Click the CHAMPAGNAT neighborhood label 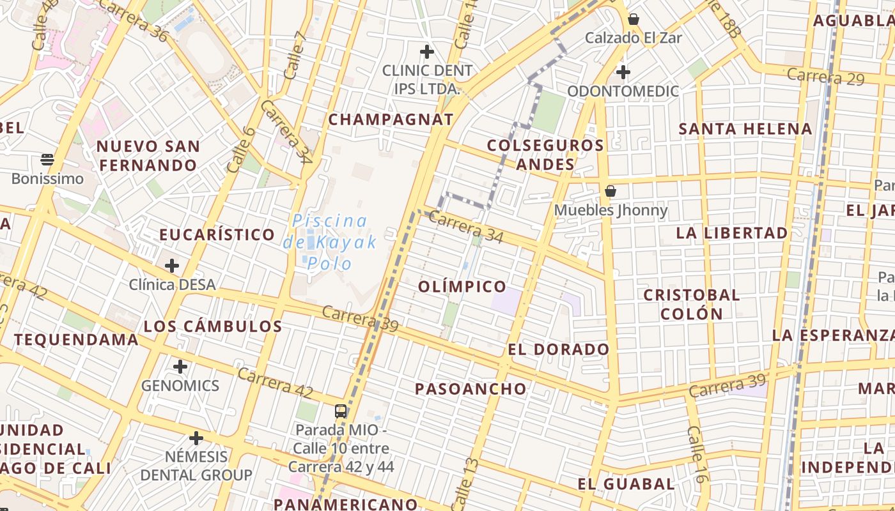coord(391,119)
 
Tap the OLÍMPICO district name coord(462,287)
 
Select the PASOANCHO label coord(471,389)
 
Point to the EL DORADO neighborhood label coord(559,349)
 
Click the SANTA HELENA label coord(745,129)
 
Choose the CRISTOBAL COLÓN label coord(692,304)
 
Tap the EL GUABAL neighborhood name coord(626,484)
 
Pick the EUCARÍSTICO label coord(217,234)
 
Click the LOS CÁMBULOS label coord(213,326)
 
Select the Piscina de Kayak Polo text coord(330,242)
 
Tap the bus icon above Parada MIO coord(341,411)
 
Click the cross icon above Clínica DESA coord(172,266)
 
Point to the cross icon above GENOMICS coord(180,367)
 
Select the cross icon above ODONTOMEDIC coord(623,72)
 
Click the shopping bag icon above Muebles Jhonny coord(611,191)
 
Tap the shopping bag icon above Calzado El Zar coord(634,19)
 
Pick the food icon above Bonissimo coord(47,159)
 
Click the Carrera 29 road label coord(825,77)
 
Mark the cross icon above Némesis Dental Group coord(196,438)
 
